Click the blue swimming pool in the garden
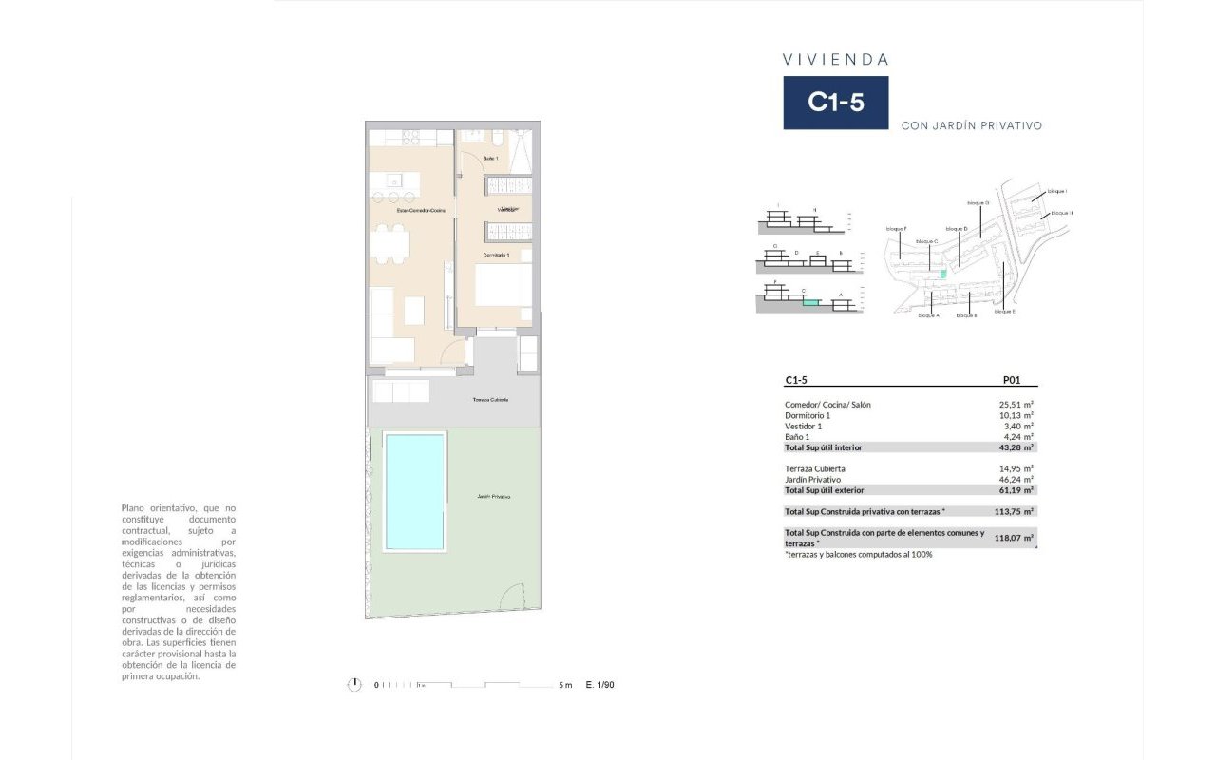414,491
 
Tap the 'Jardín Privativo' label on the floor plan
494,497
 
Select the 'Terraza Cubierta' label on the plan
490,400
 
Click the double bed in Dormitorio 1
503,285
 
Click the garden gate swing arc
512,595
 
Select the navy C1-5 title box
835,103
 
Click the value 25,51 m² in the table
1016,405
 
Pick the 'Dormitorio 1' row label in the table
808,415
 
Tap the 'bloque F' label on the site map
896,229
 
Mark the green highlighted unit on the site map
943,274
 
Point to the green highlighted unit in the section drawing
810,303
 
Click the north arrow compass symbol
354,685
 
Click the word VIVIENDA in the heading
835,59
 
